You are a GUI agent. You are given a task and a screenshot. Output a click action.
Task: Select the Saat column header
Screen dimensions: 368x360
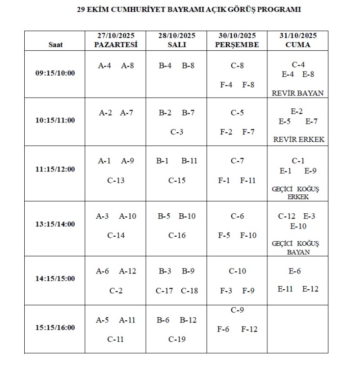(56, 45)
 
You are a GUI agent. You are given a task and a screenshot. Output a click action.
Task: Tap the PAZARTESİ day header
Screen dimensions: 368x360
(115, 45)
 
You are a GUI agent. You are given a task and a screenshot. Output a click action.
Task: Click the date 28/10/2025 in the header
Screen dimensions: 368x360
(176, 36)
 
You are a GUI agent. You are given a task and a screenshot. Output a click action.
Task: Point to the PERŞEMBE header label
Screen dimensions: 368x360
(237, 45)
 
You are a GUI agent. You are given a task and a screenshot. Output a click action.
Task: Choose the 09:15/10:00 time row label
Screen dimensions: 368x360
(55, 73)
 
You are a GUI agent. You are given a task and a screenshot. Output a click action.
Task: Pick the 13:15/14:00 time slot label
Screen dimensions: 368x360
(55, 224)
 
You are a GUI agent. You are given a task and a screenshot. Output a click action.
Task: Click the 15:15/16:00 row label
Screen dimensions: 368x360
(55, 327)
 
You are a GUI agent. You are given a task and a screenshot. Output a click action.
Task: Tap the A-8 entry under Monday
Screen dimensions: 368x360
(127, 65)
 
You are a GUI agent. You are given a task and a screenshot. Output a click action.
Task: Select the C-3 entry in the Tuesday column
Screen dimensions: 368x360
(177, 132)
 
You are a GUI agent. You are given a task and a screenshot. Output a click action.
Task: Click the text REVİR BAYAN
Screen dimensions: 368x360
(298, 93)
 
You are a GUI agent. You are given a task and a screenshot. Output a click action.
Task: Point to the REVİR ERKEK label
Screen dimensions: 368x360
(298, 139)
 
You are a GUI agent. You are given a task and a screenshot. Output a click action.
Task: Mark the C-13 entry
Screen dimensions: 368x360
(116, 180)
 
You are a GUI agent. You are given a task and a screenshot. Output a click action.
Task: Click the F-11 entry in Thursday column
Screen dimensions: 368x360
(247, 180)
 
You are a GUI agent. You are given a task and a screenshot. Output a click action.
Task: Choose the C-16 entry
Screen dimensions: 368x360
(177, 235)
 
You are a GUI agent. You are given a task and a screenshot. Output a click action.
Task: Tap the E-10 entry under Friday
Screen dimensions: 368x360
(298, 226)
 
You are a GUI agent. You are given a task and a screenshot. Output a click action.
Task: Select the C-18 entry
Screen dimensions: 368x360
(189, 291)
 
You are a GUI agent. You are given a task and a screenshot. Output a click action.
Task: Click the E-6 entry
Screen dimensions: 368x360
(295, 271)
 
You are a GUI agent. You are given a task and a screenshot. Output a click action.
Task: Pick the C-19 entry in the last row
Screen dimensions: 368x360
(177, 339)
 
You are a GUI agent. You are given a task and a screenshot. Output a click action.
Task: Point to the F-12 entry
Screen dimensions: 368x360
(249, 329)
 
